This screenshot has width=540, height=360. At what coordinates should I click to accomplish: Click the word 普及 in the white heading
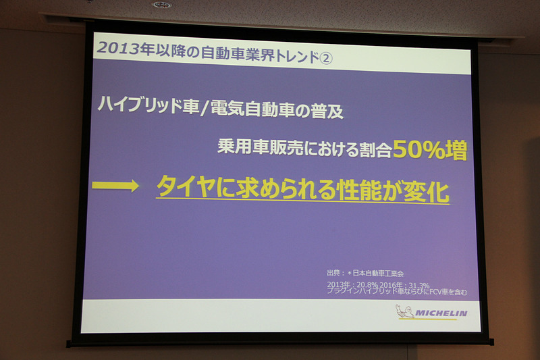tap(328, 111)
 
